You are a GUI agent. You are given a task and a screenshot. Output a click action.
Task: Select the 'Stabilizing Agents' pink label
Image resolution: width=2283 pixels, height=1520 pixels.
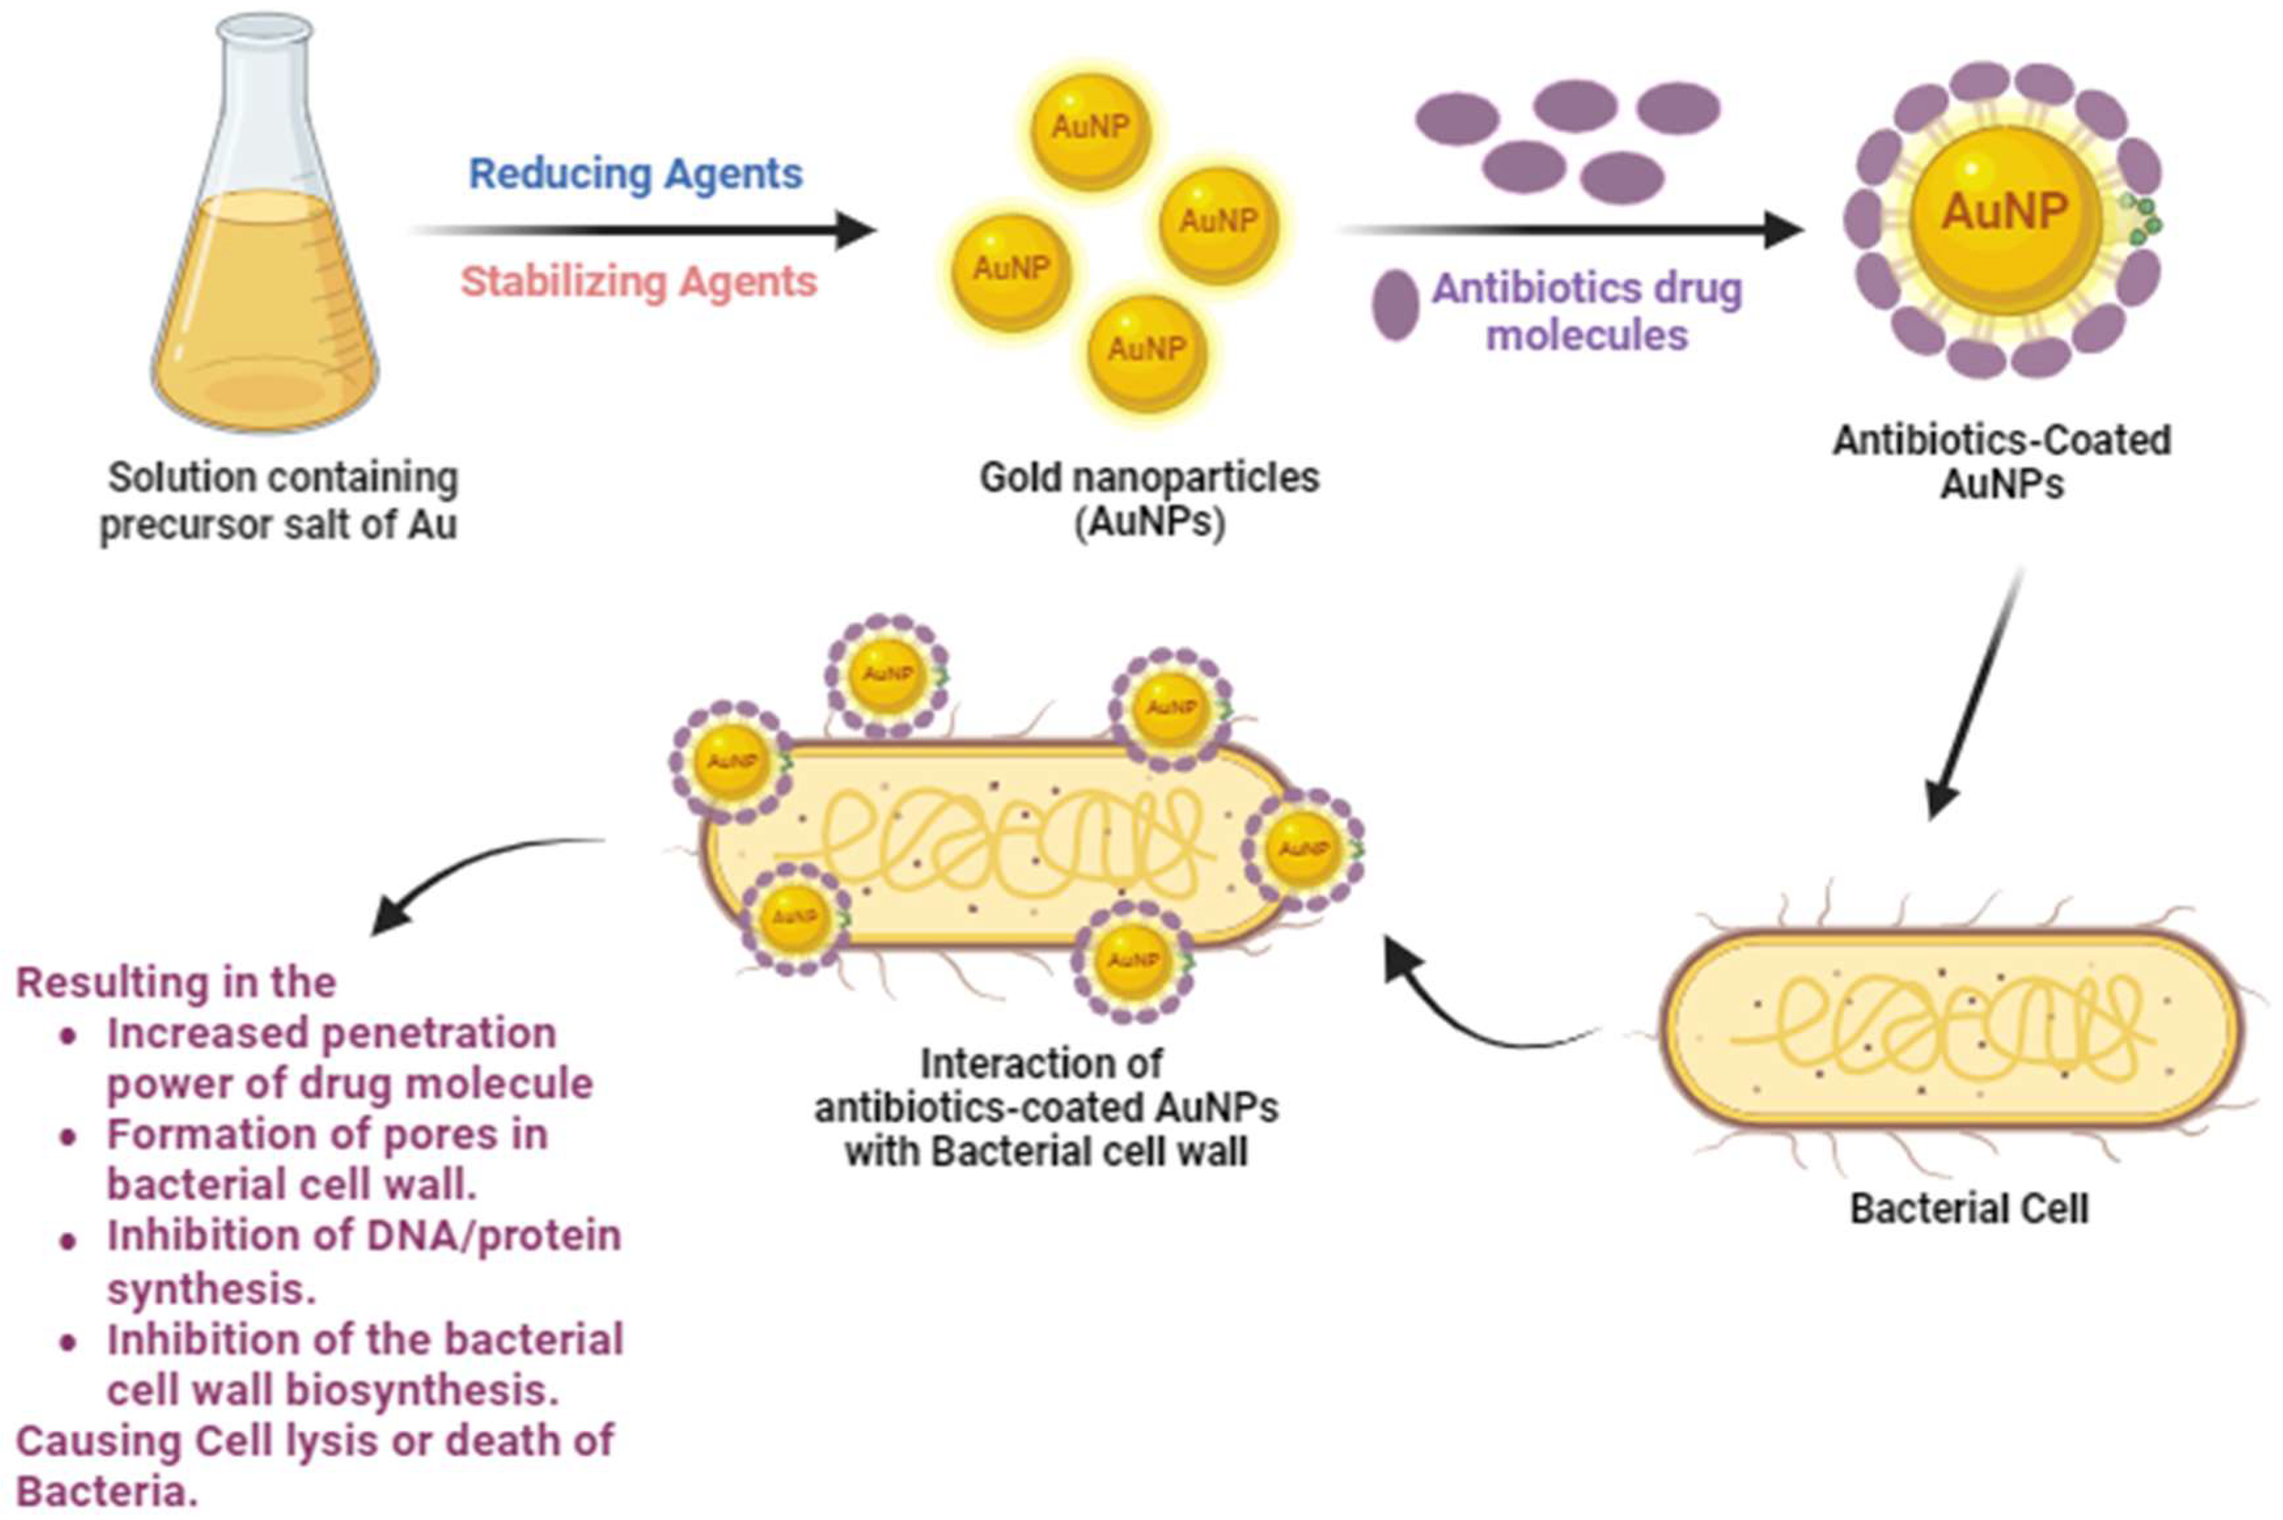click(638, 282)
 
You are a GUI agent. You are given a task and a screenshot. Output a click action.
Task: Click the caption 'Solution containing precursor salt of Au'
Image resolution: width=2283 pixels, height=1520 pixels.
click(279, 500)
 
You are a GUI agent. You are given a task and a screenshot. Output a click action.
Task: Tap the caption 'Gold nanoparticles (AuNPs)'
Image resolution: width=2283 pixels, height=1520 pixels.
click(1149, 500)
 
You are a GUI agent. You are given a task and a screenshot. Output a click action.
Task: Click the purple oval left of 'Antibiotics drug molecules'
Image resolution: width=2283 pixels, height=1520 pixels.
click(1395, 304)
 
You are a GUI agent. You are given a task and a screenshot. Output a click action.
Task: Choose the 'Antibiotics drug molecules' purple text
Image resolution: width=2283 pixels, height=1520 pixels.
click(1587, 311)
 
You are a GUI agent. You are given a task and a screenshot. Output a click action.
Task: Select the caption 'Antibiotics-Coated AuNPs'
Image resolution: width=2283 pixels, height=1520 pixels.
click(2001, 461)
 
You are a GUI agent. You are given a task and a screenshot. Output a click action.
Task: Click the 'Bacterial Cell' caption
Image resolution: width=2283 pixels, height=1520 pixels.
click(1968, 1209)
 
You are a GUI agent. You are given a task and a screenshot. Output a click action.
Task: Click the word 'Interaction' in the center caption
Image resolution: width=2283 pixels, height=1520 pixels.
click(1040, 1063)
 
